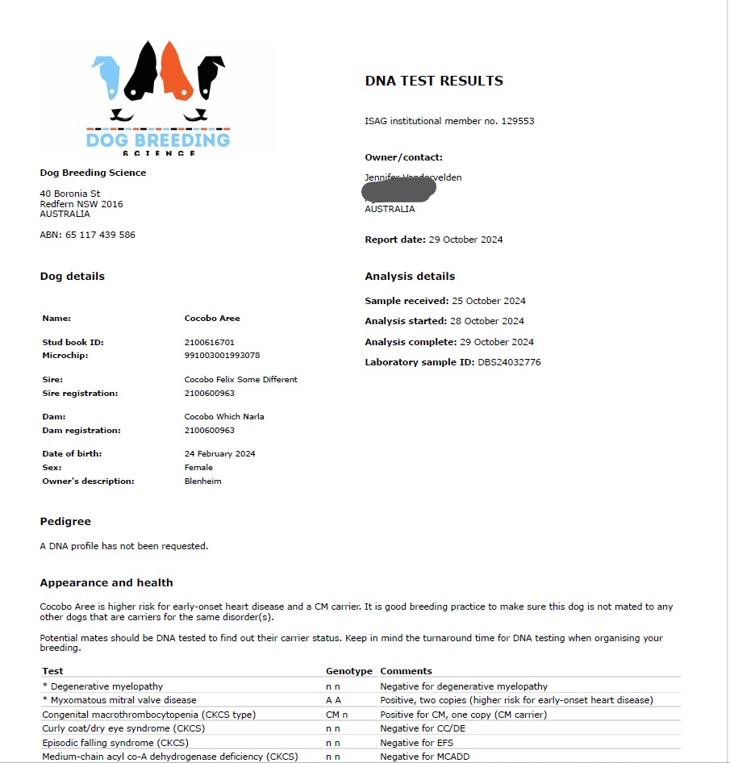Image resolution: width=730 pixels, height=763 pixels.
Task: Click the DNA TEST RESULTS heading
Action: pyautogui.click(x=433, y=81)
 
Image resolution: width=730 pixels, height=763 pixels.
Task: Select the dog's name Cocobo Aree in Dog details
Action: pyautogui.click(x=212, y=319)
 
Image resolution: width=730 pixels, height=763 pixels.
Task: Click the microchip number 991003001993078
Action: pyautogui.click(x=222, y=355)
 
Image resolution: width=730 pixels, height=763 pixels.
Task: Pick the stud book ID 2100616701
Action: pyautogui.click(x=209, y=342)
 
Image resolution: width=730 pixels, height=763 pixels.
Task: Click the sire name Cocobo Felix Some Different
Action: pyautogui.click(x=240, y=379)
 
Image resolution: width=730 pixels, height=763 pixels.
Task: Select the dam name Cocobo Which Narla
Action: pyautogui.click(x=223, y=416)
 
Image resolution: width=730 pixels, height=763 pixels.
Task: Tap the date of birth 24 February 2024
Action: pyautogui.click(x=219, y=453)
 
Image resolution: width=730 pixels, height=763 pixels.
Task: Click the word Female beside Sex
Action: pyautogui.click(x=198, y=467)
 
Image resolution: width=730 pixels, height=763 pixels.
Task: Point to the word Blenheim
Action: pyautogui.click(x=202, y=481)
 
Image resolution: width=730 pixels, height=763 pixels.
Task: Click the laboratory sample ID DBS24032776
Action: pyautogui.click(x=509, y=362)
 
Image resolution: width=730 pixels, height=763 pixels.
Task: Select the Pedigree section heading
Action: pyautogui.click(x=65, y=522)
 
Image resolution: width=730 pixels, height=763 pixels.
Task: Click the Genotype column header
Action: pyautogui.click(x=348, y=671)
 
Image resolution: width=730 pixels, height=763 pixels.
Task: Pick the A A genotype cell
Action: pyautogui.click(x=333, y=700)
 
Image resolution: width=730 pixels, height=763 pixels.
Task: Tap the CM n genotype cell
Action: pyautogui.click(x=336, y=714)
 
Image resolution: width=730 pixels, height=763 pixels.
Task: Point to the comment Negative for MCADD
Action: pyautogui.click(x=424, y=757)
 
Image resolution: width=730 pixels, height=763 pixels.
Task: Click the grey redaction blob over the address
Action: pyautogui.click(x=399, y=190)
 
